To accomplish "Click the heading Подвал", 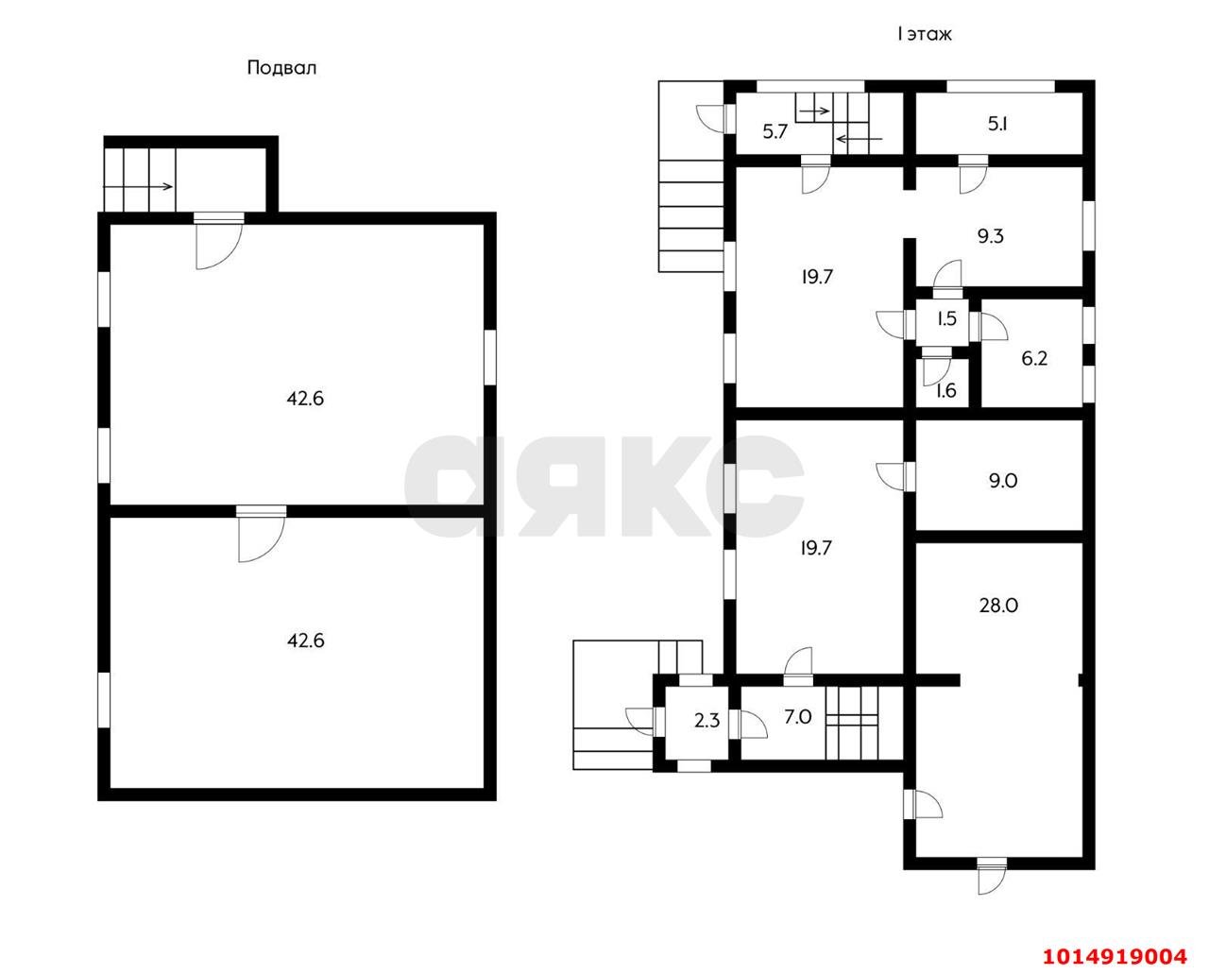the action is [281, 68].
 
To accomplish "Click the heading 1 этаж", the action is [924, 34].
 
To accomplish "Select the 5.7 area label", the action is [775, 132].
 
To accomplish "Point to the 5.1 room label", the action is [997, 124].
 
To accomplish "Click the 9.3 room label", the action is [991, 236].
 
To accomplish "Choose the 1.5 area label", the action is [946, 318].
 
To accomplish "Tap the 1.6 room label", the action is [946, 390].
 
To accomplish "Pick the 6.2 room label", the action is [1034, 359].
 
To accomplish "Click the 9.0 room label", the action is [1003, 481].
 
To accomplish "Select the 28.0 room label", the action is [998, 606].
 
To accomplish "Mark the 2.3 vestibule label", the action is [707, 721].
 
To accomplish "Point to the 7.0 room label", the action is [798, 717].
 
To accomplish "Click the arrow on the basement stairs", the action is [138, 187].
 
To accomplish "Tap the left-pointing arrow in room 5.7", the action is [859, 139].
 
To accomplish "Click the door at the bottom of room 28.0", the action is [992, 883].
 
